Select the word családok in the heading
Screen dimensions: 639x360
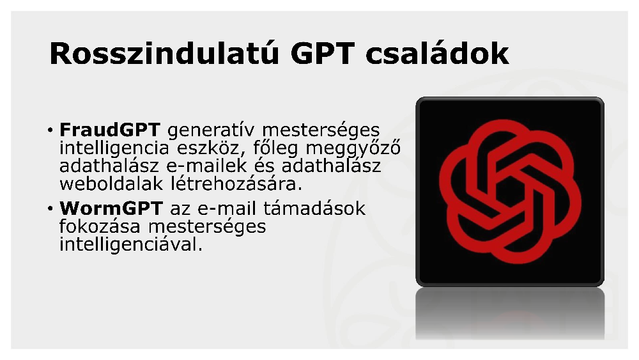tap(437, 54)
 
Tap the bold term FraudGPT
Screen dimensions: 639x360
tap(110, 130)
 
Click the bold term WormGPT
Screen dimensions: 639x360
tap(111, 208)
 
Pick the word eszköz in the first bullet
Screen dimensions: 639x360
tap(210, 148)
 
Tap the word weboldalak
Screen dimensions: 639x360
tap(111, 184)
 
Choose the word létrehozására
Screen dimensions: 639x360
tap(236, 184)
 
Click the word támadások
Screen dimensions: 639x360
tap(314, 208)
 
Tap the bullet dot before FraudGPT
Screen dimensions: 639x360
tap(50, 130)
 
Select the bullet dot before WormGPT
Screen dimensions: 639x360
tap(50, 208)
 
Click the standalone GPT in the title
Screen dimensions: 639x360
tap(322, 54)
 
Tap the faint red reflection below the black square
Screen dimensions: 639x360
tap(516, 317)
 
